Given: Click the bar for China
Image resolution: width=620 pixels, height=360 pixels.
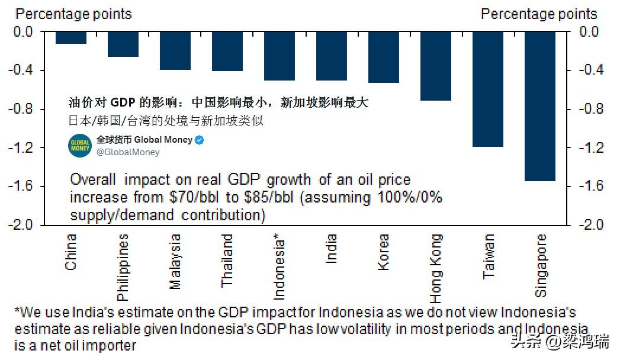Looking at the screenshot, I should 71,37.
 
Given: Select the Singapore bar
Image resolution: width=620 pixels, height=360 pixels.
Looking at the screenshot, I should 540,106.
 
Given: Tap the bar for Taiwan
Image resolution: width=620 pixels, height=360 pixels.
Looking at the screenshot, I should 488,89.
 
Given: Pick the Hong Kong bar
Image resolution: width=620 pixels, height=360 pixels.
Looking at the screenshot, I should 436,66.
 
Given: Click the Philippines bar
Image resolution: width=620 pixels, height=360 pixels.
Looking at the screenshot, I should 123,44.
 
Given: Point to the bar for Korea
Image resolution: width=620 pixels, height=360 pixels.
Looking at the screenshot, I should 384,57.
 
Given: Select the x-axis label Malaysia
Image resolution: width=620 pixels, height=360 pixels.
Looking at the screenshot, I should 175,262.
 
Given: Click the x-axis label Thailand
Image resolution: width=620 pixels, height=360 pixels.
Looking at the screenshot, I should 227,261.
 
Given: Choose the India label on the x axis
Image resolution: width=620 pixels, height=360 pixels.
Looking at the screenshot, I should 331,249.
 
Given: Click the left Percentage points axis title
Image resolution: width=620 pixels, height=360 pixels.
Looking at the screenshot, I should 73,14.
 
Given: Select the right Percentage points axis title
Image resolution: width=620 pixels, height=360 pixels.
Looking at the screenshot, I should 539,14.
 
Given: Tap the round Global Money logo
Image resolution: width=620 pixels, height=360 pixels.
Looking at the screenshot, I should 80,146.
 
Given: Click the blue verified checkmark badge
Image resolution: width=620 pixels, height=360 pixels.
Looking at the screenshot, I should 200,140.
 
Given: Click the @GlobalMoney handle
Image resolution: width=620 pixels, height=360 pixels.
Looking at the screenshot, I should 128,152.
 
